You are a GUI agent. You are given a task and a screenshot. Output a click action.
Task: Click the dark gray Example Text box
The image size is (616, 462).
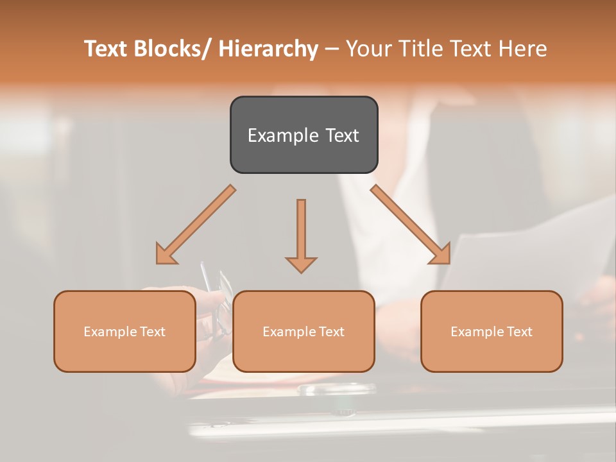point(304,135)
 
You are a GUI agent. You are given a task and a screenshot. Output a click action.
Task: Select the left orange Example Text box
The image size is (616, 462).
point(124,331)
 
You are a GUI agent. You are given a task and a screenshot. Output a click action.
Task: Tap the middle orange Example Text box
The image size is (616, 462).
point(304,331)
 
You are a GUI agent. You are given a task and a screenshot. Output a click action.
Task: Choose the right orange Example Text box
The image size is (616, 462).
point(492,331)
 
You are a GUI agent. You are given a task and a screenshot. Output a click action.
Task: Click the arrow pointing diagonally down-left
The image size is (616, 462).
point(196,225)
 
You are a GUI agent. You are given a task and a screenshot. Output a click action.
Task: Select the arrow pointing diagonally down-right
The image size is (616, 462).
point(411,225)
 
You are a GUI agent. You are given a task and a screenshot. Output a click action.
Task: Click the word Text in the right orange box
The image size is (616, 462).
point(519,332)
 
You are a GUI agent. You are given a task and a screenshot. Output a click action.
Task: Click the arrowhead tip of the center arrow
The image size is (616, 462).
point(301,271)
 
